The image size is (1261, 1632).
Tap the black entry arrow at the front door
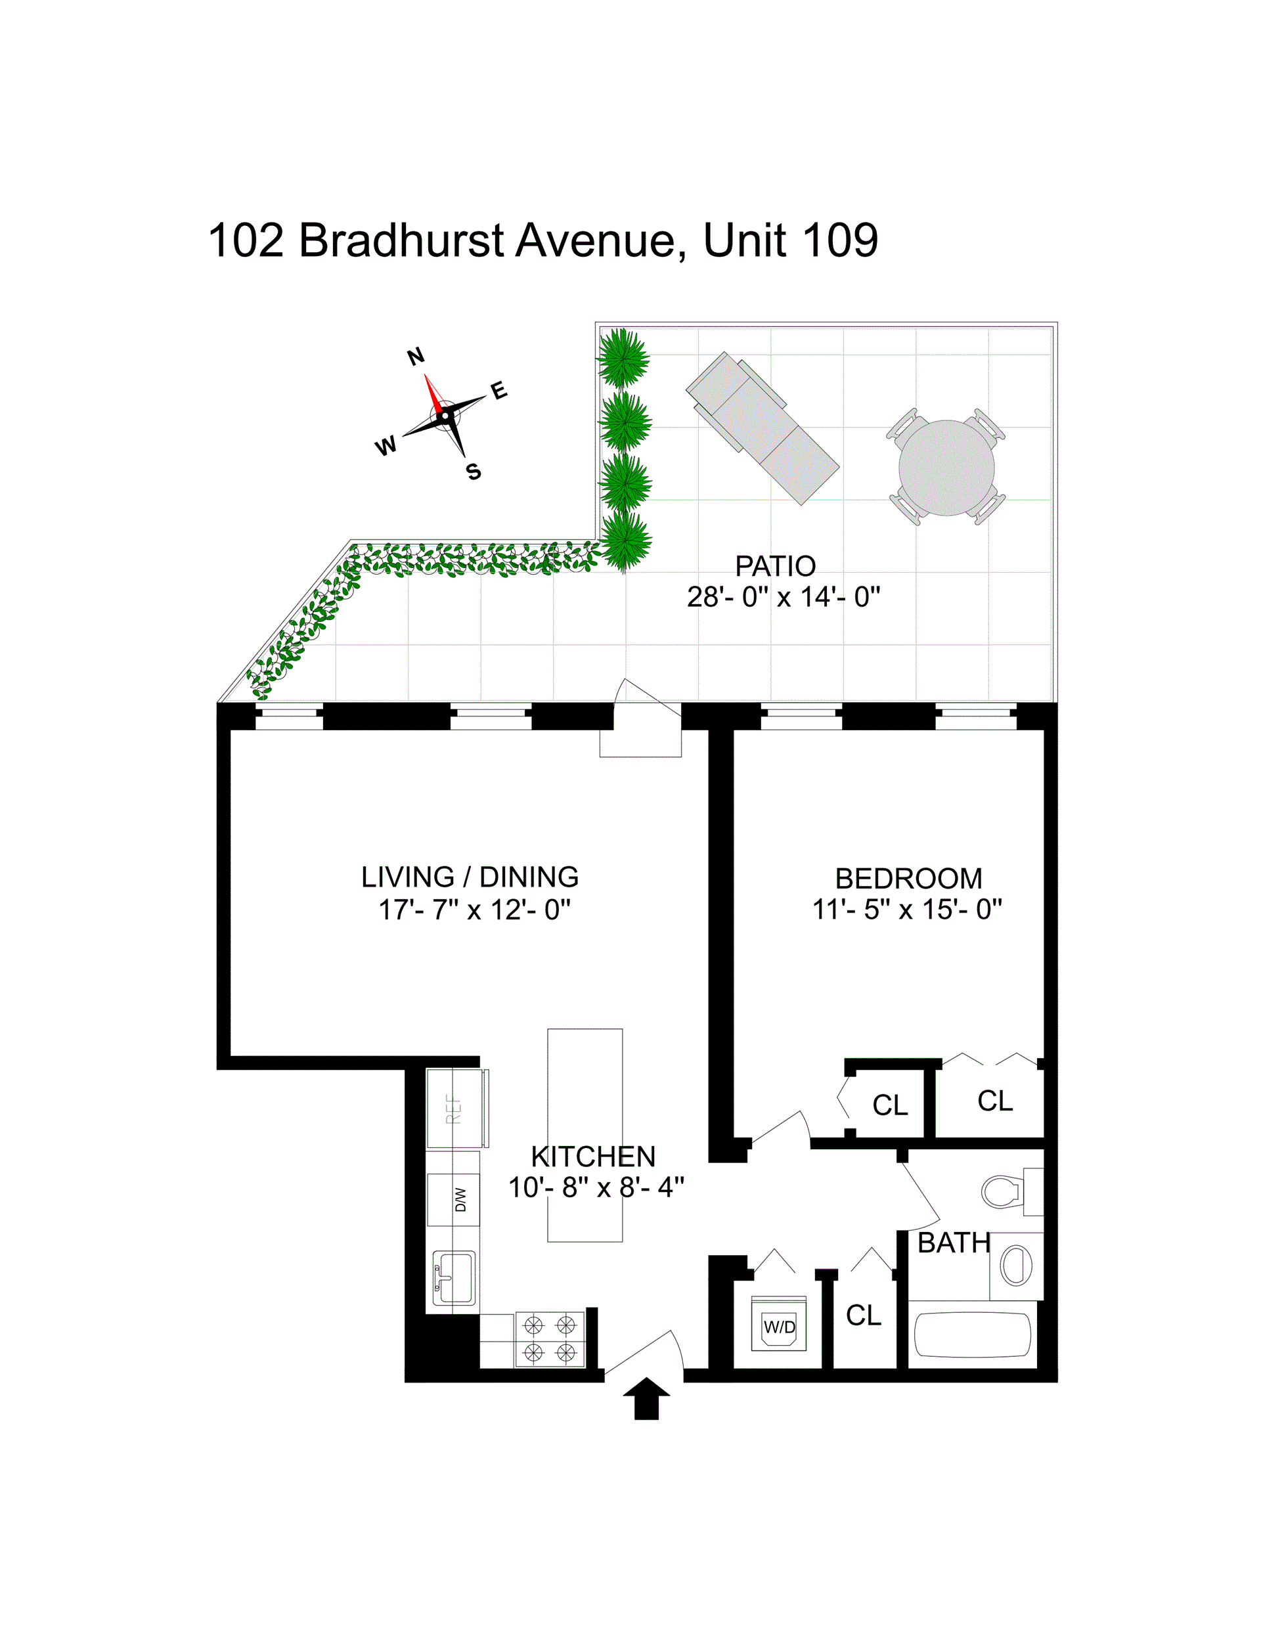[x=646, y=1398]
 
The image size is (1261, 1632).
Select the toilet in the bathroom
[x=1004, y=1191]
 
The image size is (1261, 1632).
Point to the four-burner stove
[x=550, y=1338]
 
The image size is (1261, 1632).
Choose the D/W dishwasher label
[x=460, y=1199]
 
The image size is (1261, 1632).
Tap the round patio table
[x=946, y=468]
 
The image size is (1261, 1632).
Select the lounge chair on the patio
[x=763, y=428]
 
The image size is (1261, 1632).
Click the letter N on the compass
[x=416, y=357]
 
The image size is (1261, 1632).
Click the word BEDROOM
[x=908, y=878]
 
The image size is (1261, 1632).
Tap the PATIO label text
[x=775, y=566]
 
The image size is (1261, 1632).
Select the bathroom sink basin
[x=1016, y=1266]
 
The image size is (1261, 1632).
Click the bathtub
[x=973, y=1334]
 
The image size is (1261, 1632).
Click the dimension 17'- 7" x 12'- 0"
[x=474, y=910]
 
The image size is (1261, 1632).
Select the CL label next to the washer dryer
[x=864, y=1315]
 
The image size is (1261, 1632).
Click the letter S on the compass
[x=473, y=472]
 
